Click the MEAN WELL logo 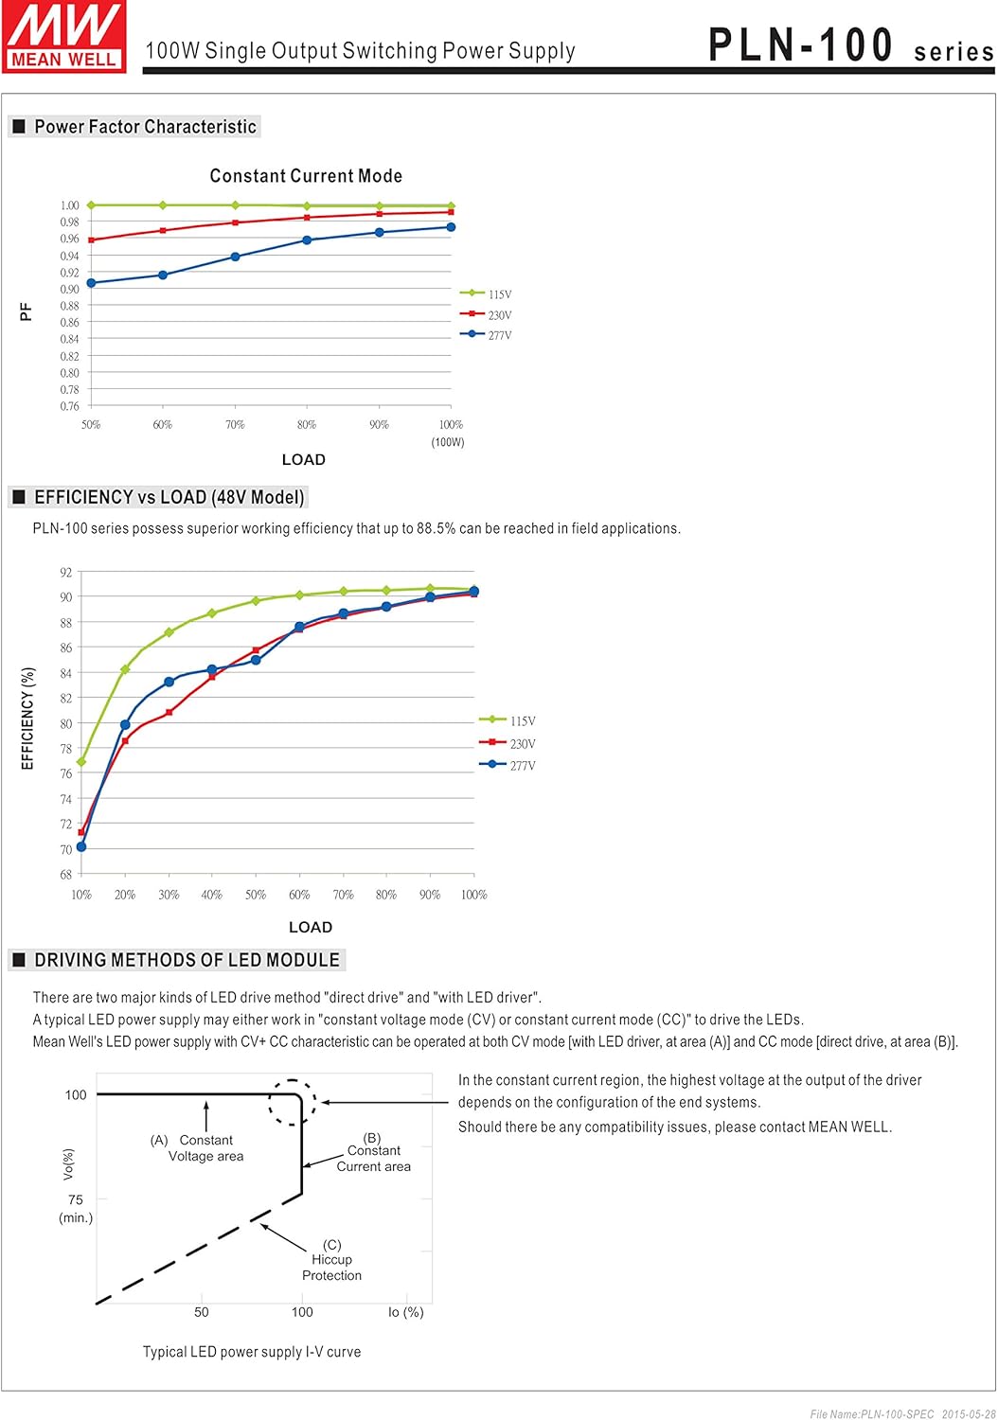(64, 36)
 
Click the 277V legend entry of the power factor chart (487, 335)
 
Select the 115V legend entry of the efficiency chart (508, 720)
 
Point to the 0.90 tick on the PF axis (70, 290)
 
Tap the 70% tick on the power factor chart (235, 425)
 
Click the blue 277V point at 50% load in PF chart (91, 283)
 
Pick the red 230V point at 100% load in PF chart (451, 212)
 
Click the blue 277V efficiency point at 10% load (81, 846)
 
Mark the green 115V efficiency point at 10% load (81, 762)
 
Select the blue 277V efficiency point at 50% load (256, 660)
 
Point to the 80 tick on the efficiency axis (66, 724)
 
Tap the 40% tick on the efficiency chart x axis (212, 895)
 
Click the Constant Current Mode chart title (306, 176)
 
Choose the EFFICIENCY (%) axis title (27, 718)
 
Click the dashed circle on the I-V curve (293, 1102)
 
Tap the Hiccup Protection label (331, 1261)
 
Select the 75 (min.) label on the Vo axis (76, 1208)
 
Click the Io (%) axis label (406, 1312)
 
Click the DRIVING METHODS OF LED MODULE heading (187, 960)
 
